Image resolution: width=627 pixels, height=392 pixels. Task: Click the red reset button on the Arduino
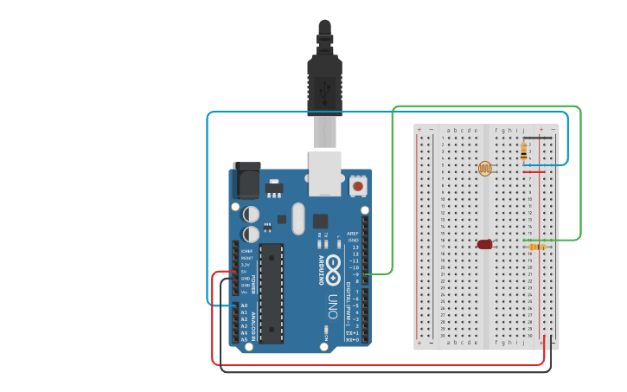click(x=357, y=185)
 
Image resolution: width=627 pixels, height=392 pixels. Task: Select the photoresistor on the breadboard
click(x=484, y=169)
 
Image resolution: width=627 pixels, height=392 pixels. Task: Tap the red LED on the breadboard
click(x=484, y=245)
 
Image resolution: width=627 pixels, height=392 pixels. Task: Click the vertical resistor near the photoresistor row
click(x=524, y=151)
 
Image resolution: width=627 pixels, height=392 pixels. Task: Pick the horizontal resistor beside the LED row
click(x=537, y=247)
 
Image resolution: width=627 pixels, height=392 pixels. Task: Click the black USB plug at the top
click(x=324, y=82)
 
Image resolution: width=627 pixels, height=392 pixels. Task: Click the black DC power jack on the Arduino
click(x=246, y=181)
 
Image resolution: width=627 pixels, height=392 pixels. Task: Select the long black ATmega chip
click(x=271, y=292)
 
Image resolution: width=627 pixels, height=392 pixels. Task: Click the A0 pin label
click(x=244, y=305)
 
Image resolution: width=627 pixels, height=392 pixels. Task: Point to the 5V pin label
click(x=244, y=272)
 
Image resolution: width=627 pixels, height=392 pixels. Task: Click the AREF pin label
click(x=353, y=234)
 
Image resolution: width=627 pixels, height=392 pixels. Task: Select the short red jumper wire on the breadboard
click(x=534, y=171)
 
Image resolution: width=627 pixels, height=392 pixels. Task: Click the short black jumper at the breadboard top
click(x=537, y=137)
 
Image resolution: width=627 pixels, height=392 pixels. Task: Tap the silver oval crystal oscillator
click(x=298, y=218)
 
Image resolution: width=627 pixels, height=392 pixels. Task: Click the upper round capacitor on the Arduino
click(x=251, y=213)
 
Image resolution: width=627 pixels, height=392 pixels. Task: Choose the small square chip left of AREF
click(x=321, y=222)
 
